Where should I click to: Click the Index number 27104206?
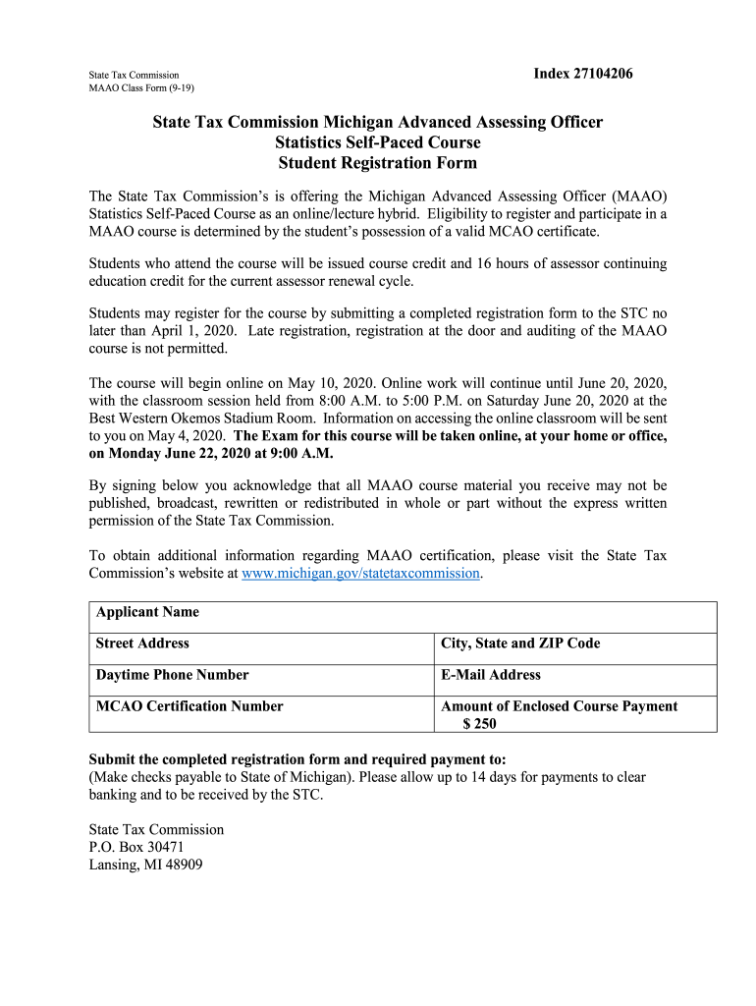(576, 74)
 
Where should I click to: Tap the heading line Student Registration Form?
(377, 163)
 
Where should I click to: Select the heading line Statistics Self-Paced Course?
(377, 142)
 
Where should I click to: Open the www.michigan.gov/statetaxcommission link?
(360, 573)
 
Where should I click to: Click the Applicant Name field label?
(147, 612)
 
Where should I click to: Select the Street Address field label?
(142, 643)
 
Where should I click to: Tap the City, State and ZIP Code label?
(520, 643)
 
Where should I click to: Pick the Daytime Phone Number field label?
(172, 675)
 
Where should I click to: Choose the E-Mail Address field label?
(491, 675)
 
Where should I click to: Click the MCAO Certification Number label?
(189, 706)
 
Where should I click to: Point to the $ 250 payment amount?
(480, 724)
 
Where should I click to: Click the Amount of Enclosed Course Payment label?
(560, 706)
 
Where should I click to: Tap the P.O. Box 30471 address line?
(136, 847)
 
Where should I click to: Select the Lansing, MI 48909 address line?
(146, 866)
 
